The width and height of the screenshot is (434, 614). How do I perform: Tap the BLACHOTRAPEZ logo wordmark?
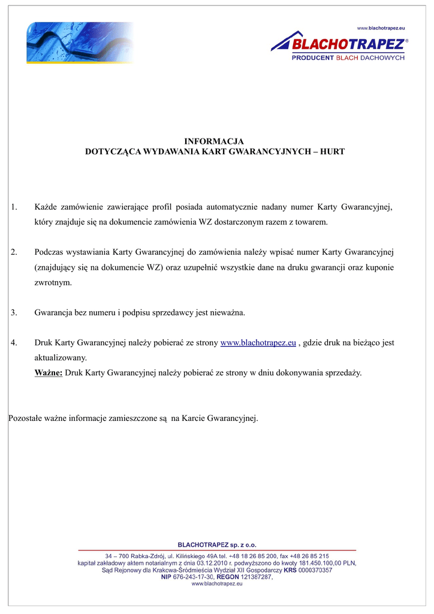[348, 44]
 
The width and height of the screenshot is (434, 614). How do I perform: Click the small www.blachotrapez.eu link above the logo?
[381, 28]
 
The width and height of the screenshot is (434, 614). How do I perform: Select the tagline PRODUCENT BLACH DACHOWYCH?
[348, 58]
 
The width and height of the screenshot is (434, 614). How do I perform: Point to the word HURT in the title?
[333, 152]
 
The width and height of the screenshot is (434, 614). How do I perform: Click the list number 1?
[14, 207]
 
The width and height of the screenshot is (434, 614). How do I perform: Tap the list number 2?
[14, 252]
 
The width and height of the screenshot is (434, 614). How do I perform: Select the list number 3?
[14, 313]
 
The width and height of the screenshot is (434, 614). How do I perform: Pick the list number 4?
[14, 343]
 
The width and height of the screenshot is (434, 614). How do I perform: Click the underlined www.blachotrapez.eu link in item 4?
[258, 343]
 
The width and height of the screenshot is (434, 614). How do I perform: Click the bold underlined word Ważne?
[49, 373]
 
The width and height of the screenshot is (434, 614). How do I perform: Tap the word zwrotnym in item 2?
[53, 282]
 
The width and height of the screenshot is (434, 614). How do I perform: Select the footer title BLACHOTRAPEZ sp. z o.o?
[217, 544]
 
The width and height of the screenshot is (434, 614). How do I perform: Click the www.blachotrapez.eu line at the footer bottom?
[217, 583]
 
